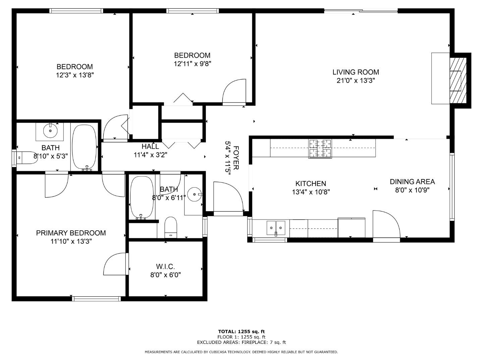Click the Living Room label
356,72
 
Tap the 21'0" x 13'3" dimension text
356,80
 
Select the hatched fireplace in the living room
458,80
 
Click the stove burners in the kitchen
320,148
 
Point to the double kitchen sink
276,228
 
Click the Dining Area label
412,182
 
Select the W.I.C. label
165,266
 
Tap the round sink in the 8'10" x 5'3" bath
50,130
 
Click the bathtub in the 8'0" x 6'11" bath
141,197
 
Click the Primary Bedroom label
71,233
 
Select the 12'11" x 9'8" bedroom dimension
192,64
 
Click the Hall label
150,146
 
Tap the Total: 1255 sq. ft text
241,331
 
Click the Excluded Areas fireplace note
241,342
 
